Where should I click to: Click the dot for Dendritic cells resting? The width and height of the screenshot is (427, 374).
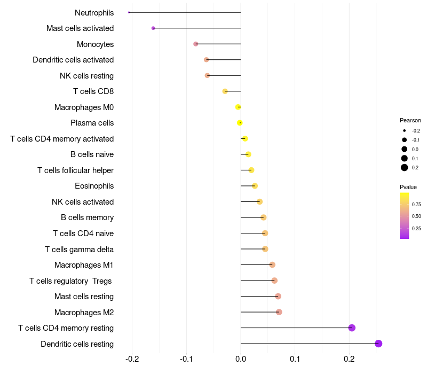[378, 344]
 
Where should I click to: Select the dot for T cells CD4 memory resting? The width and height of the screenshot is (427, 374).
[352, 328]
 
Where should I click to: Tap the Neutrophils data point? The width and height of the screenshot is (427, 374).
[129, 12]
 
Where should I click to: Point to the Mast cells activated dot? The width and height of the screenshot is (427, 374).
[153, 28]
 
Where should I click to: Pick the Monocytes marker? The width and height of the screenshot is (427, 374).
[196, 44]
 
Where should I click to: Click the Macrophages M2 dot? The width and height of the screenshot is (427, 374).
[279, 312]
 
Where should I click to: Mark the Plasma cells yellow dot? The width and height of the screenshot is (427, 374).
[240, 123]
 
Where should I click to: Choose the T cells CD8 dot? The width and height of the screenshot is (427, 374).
[225, 91]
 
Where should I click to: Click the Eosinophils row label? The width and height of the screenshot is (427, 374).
[94, 186]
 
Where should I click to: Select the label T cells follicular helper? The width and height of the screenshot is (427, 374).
[75, 170]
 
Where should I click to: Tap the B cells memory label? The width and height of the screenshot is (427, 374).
[87, 217]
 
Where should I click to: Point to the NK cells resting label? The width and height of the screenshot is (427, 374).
[86, 76]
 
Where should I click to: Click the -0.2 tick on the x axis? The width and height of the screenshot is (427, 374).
[132, 358]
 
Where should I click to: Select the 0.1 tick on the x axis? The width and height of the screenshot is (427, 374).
[295, 358]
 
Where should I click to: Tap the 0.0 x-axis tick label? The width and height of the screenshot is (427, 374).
[241, 358]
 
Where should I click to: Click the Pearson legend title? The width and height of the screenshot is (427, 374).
[410, 120]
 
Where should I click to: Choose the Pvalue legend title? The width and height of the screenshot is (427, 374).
[408, 187]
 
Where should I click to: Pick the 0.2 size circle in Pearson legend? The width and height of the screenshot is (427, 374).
[405, 168]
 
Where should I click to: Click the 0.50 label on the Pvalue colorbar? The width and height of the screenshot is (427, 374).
[416, 216]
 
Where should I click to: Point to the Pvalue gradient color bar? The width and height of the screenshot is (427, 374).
[404, 215]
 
